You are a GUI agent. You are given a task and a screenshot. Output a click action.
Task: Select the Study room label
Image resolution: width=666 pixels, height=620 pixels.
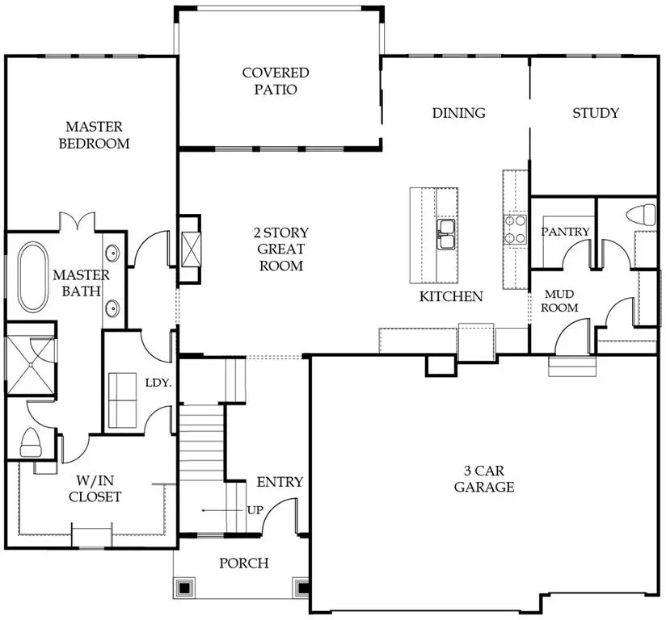click(595, 113)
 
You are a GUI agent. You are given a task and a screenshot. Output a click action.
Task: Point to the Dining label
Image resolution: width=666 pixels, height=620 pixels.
click(458, 113)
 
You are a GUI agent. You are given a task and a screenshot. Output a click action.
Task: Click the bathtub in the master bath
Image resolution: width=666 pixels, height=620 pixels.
click(34, 276)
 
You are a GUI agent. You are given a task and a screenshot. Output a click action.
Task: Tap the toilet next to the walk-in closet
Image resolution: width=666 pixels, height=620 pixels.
click(30, 442)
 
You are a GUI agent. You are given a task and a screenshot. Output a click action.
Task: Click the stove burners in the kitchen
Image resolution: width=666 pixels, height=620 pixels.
click(514, 228)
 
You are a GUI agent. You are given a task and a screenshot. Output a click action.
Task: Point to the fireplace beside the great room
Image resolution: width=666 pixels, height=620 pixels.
click(191, 249)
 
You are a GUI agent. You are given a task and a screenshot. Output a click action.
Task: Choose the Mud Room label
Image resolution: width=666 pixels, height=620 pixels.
click(559, 301)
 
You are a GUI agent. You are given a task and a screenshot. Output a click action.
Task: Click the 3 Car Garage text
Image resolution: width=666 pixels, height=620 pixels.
click(484, 479)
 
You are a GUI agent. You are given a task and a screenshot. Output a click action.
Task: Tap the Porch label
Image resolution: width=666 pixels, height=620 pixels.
click(244, 563)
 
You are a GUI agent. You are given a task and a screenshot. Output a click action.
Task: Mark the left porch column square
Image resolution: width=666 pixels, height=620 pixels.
click(185, 588)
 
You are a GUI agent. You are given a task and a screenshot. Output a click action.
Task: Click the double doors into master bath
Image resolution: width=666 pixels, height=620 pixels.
click(78, 221)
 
